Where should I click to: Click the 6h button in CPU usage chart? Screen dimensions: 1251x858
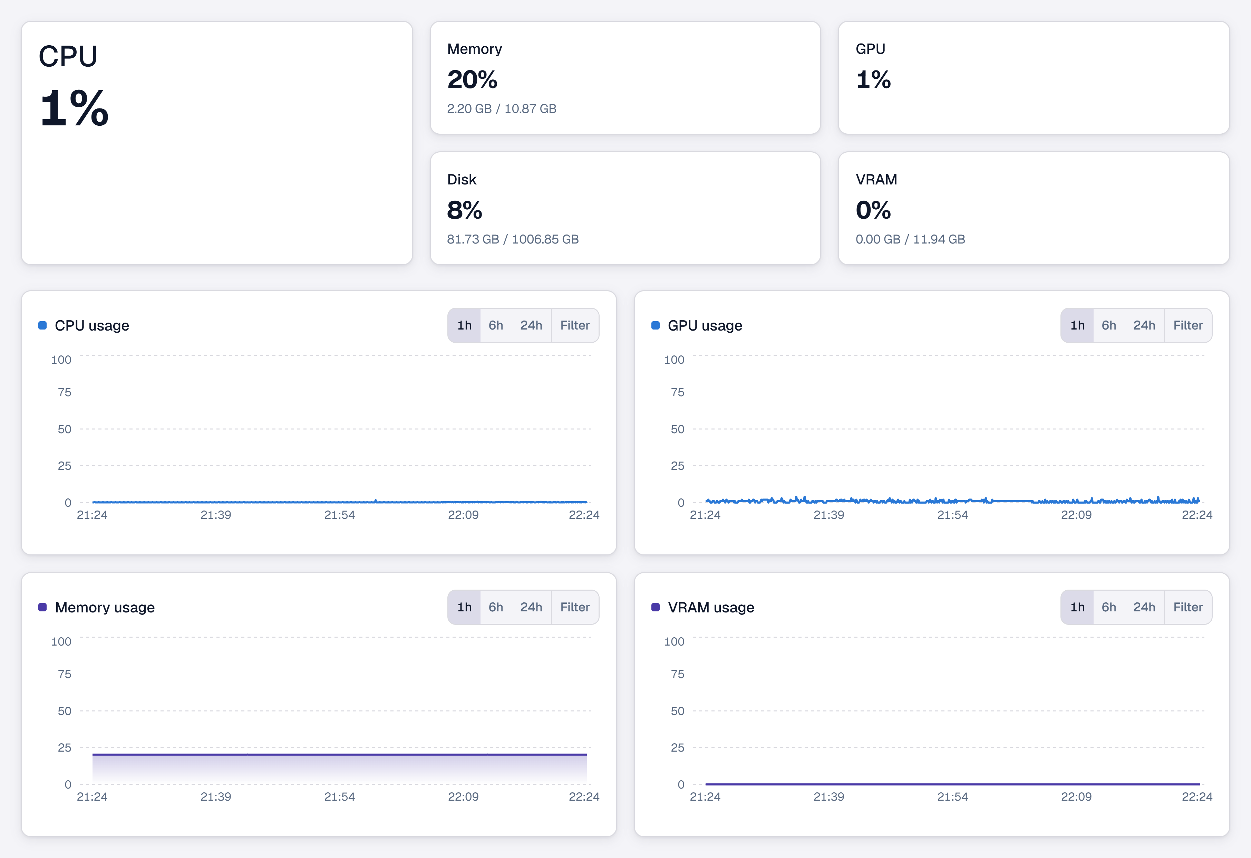coord(496,325)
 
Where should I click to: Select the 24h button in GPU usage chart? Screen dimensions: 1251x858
coord(1144,325)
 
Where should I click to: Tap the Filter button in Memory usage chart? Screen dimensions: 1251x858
coord(575,607)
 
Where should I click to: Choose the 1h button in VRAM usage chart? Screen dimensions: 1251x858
coord(1077,607)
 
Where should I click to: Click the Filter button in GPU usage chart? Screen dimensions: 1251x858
coord(1188,325)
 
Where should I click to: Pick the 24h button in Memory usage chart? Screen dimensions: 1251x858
coord(531,607)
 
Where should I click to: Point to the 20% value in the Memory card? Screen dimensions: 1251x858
coord(472,80)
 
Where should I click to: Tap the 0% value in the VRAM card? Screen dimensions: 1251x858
coord(873,210)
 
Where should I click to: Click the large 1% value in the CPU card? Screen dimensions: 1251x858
coord(74,108)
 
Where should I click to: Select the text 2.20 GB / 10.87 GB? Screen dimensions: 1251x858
coord(502,109)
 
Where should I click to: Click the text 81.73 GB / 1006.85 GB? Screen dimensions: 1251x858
coord(513,239)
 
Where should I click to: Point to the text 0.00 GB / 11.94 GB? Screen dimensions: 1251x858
coord(910,239)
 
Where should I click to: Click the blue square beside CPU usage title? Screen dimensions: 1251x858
coord(42,325)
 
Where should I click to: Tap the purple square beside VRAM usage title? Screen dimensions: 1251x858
coord(656,607)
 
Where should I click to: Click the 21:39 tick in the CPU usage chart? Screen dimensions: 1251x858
coord(216,515)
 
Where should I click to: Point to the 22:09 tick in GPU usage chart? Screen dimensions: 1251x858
coord(1076,515)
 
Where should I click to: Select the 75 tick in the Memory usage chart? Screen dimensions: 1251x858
coord(65,674)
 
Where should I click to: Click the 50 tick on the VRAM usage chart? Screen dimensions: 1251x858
coord(678,711)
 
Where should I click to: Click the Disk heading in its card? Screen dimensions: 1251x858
coord(462,179)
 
